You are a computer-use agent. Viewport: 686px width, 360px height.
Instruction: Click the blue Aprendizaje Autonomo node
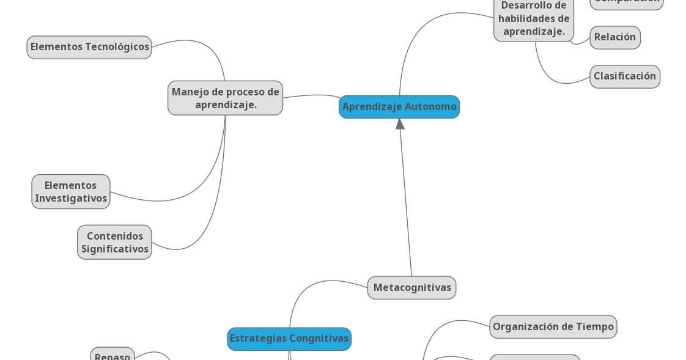[399, 107]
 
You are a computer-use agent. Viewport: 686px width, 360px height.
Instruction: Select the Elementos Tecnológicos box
[89, 47]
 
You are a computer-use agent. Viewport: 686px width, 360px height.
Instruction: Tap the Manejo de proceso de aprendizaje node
[225, 98]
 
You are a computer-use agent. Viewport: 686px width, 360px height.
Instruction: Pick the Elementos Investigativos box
[71, 192]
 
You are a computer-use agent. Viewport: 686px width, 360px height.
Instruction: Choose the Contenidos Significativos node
[114, 243]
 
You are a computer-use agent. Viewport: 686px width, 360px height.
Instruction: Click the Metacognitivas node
[411, 288]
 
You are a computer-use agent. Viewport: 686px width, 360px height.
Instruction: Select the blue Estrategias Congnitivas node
[289, 339]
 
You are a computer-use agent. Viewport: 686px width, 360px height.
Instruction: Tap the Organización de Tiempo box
[553, 327]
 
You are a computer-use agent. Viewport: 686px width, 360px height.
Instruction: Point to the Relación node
[615, 37]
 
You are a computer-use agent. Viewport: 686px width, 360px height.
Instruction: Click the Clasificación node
[625, 76]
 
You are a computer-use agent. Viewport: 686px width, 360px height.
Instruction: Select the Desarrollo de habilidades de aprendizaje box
[534, 18]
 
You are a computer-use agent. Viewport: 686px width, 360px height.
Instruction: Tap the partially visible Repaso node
[112, 356]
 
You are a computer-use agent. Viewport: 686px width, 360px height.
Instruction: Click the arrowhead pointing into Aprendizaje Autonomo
[400, 123]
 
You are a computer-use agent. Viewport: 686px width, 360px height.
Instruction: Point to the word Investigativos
[71, 199]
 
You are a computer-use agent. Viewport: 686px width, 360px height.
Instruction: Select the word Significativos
[115, 249]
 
